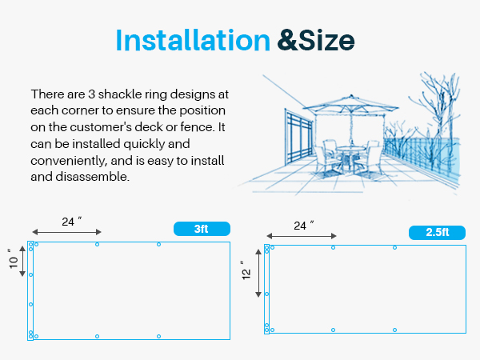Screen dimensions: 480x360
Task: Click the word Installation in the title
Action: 193,40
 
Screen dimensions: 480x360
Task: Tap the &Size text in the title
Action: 316,40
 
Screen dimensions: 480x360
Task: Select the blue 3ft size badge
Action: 202,229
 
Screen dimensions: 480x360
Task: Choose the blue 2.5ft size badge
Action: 437,232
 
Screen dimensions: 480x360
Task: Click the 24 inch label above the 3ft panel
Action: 72,221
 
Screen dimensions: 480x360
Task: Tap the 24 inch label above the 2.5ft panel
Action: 304,225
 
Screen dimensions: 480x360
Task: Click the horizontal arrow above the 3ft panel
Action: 66,232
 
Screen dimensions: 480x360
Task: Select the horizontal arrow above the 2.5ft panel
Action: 302,236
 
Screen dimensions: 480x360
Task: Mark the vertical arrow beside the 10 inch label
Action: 22,261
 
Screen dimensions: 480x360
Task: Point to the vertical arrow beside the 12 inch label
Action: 258,273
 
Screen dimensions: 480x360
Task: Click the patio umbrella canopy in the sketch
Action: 351,104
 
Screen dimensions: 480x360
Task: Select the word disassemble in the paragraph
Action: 93,177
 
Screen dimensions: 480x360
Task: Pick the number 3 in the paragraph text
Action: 91,94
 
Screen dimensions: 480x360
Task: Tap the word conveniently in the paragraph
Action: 69,161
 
